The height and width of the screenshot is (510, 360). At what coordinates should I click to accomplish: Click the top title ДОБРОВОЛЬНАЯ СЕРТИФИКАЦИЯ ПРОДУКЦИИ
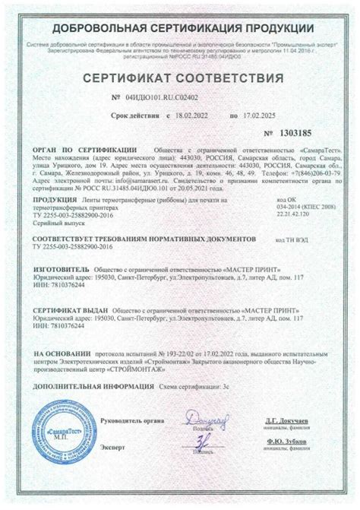181,28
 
